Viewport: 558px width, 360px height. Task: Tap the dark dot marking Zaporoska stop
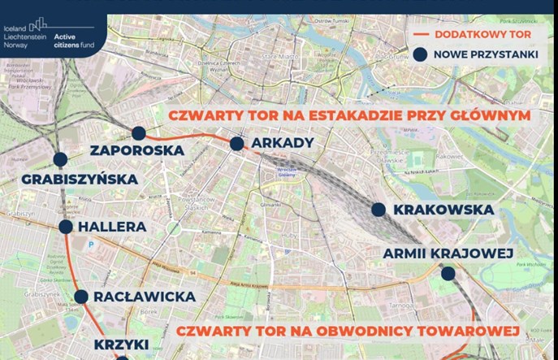[x=139, y=133]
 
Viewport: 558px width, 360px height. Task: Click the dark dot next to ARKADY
[x=236, y=144]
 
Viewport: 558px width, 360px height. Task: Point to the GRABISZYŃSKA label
[x=80, y=179]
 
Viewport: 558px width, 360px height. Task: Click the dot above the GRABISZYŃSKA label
[x=59, y=160]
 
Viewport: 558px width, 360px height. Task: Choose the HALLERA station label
[x=113, y=227]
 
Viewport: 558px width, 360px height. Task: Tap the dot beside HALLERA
[x=66, y=227]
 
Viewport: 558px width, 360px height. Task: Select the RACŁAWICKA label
[x=145, y=297]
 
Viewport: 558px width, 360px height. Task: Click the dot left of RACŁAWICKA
[x=81, y=297]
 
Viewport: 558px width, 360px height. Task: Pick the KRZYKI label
[x=120, y=345]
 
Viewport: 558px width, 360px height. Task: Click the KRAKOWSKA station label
[x=443, y=210]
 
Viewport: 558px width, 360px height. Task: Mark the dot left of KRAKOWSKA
[x=378, y=210]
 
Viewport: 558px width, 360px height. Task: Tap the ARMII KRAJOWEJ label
[x=448, y=254]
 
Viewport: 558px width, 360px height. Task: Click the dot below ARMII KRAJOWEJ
[x=448, y=275]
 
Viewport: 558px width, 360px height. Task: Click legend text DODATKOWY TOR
[x=482, y=35]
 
